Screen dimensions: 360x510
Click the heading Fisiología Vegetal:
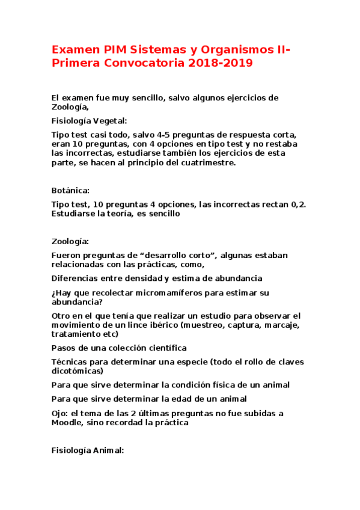coord(90,120)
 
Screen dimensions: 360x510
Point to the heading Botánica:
coord(70,190)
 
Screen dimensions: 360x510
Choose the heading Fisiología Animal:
coord(88,449)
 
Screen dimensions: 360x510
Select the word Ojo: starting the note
coord(60,413)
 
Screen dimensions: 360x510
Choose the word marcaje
coord(279,325)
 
